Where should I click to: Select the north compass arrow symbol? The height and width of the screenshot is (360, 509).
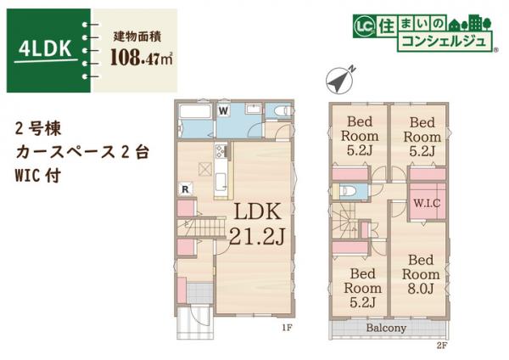coord(339,82)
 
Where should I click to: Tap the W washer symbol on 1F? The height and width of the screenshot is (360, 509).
coord(223,110)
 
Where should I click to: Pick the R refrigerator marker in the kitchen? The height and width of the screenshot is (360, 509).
coord(184,188)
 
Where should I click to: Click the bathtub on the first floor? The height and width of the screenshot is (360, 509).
coord(195,114)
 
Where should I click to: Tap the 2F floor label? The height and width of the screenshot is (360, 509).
coord(440,345)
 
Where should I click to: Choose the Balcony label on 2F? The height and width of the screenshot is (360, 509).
coord(386,327)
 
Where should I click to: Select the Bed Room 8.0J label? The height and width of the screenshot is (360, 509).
coord(417,274)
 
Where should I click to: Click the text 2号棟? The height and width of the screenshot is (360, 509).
coord(36,130)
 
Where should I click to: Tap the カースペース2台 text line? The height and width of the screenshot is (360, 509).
coord(80,154)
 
